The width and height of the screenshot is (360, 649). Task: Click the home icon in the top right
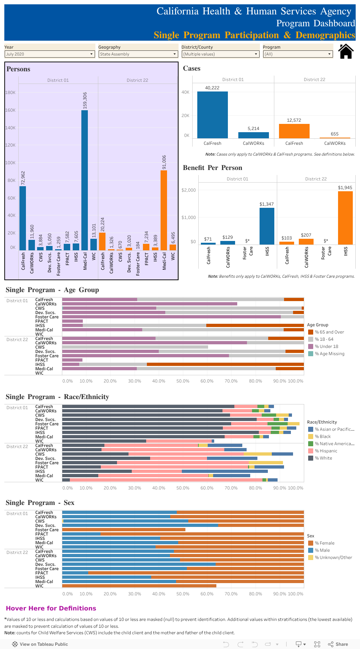(x=346, y=51)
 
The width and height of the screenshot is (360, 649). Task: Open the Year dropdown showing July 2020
(x=50, y=54)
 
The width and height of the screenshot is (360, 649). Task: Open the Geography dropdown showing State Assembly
(x=138, y=54)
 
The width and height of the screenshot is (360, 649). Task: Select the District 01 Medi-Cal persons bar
(x=85, y=180)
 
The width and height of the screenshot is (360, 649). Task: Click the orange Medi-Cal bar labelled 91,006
(x=164, y=210)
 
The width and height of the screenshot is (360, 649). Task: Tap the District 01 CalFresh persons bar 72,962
(x=23, y=218)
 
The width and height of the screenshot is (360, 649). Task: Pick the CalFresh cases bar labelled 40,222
(x=212, y=115)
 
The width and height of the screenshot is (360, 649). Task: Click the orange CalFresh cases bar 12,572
(x=294, y=131)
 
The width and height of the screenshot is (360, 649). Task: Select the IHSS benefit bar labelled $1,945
(x=345, y=218)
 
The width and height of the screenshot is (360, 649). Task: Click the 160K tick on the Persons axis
(x=10, y=110)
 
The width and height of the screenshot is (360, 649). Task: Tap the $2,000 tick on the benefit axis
(x=189, y=190)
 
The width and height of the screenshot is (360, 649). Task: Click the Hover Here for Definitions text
(x=51, y=608)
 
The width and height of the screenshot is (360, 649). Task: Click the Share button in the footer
(x=338, y=644)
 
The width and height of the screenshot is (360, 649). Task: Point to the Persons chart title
(x=18, y=69)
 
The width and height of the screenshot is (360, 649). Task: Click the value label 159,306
(x=85, y=100)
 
